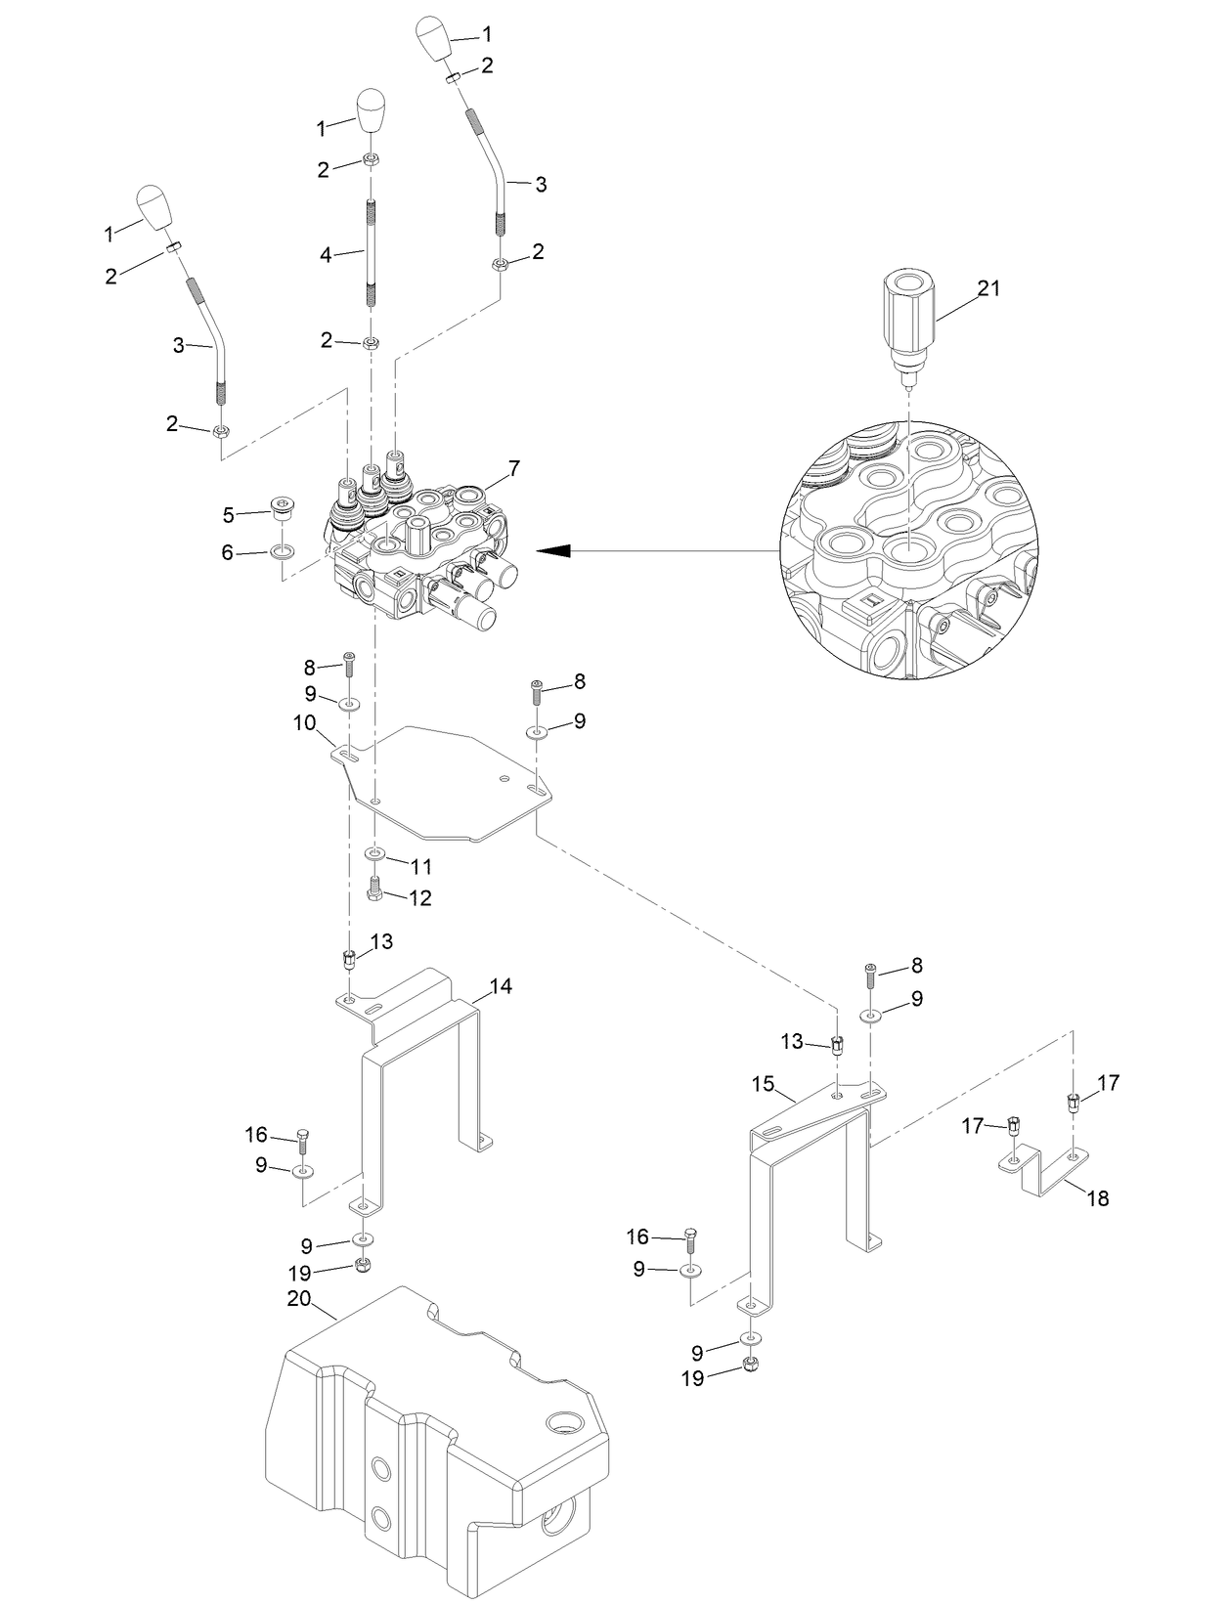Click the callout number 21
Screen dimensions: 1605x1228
989,288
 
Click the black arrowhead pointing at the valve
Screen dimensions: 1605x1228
552,551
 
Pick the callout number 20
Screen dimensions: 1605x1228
298,1300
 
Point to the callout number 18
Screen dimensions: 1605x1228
1098,1197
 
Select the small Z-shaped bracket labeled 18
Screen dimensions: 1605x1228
1042,1168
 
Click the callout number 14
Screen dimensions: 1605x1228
501,986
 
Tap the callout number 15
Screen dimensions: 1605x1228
763,1084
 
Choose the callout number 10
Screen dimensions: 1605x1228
304,723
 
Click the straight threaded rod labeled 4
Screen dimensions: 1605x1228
372,253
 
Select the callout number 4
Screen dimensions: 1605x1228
327,255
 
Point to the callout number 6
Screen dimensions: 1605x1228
228,553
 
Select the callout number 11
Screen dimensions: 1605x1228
420,866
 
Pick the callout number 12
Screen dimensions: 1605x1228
420,897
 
